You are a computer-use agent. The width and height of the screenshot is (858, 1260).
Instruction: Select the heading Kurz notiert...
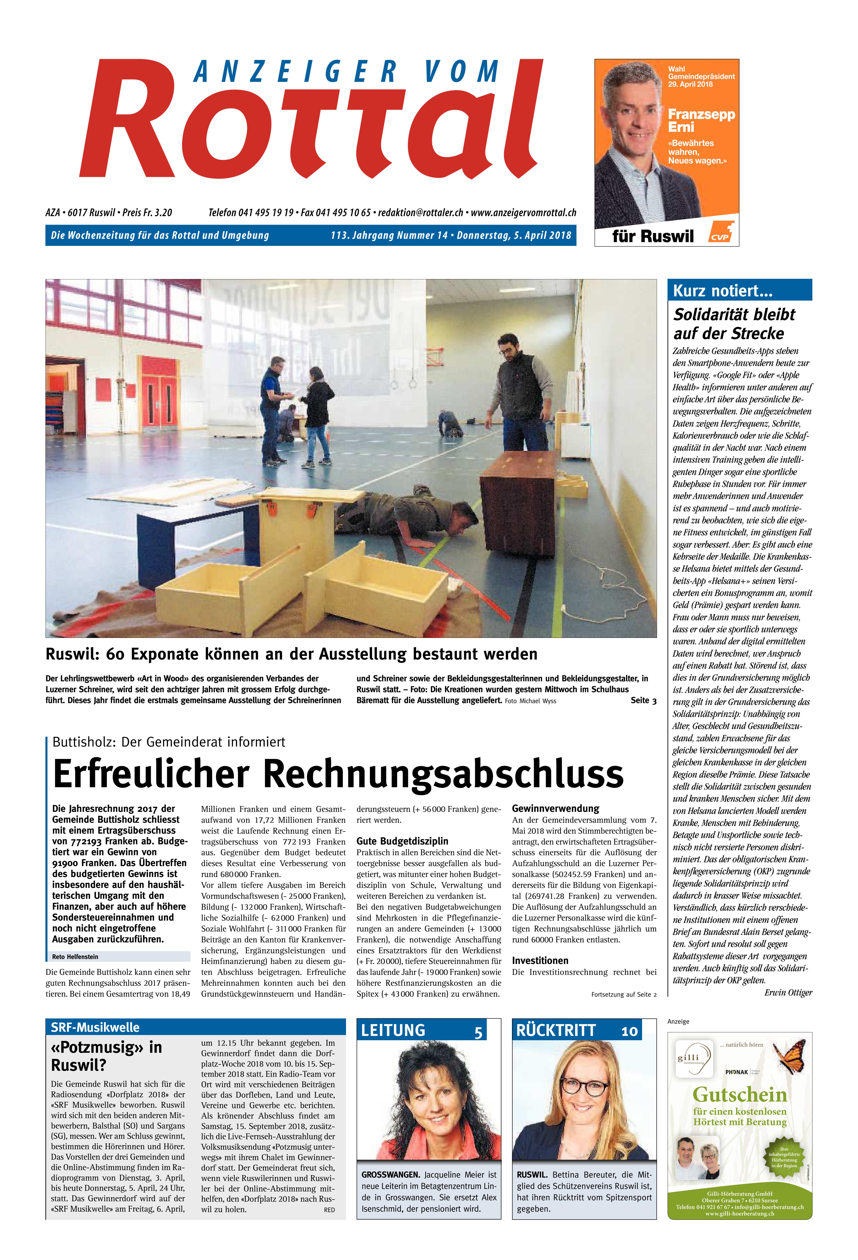722,291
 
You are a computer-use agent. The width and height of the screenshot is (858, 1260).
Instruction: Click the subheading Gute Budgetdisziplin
402,841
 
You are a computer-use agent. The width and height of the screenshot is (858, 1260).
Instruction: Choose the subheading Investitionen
540,960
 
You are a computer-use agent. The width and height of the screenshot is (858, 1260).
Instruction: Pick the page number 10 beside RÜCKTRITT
629,1031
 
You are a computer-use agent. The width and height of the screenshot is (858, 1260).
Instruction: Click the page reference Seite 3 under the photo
643,700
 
